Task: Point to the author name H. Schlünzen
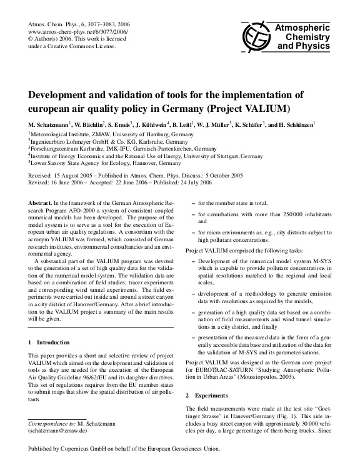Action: coord(294,124)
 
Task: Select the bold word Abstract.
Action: coord(41,204)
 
